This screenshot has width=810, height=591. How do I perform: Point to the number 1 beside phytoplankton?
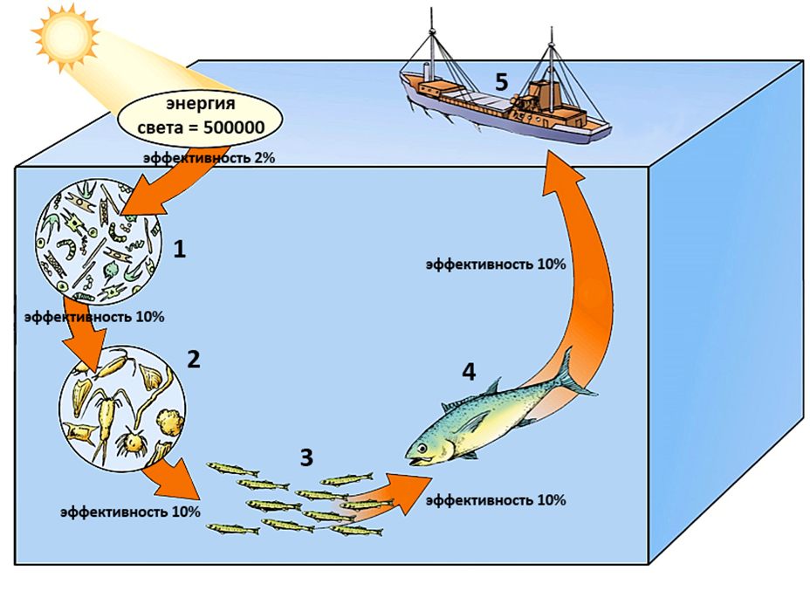(180, 250)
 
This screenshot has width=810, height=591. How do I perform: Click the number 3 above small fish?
(305, 456)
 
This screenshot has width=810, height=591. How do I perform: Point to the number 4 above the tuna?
(469, 371)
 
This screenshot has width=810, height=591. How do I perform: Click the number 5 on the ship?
(500, 81)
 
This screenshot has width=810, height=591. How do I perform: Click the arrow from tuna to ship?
(583, 253)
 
